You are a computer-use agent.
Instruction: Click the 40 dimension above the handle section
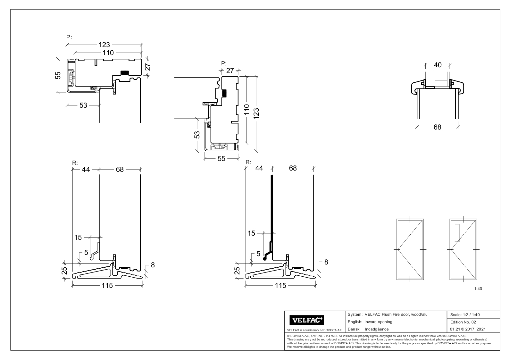pyautogui.click(x=437, y=65)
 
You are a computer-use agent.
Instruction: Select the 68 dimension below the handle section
pyautogui.click(x=437, y=127)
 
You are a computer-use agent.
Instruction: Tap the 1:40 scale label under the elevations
pyautogui.click(x=478, y=289)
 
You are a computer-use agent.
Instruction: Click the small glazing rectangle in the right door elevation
pyautogui.click(x=457, y=233)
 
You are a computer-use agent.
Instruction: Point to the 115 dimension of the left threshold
pyautogui.click(x=107, y=285)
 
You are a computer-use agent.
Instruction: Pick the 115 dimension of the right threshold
pyautogui.click(x=280, y=285)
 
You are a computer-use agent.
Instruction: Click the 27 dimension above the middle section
pyautogui.click(x=230, y=71)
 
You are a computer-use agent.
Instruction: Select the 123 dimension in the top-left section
pyautogui.click(x=104, y=45)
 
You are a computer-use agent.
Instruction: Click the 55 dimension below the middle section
pyautogui.click(x=221, y=158)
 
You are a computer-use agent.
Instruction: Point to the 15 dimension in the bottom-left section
pyautogui.click(x=78, y=238)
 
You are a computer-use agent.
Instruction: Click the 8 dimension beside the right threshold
pyautogui.click(x=326, y=262)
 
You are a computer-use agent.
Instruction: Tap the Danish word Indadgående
pyautogui.click(x=377, y=329)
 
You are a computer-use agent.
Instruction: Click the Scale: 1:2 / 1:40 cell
pyautogui.click(x=465, y=315)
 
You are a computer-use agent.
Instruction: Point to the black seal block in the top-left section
pyautogui.click(x=124, y=73)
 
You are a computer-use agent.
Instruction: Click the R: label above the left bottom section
pyautogui.click(x=75, y=163)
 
